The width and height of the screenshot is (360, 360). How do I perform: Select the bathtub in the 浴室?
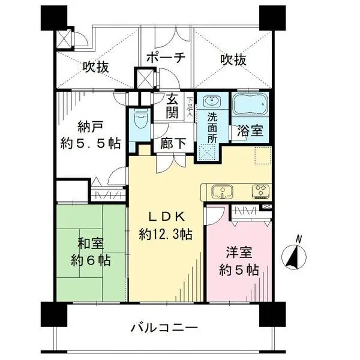point(251,106)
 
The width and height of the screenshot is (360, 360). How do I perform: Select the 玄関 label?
point(173,106)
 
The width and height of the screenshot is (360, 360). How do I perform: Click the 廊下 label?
point(172,144)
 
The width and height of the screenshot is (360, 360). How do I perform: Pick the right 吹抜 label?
point(233,60)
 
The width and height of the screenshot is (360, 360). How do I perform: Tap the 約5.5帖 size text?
point(91,144)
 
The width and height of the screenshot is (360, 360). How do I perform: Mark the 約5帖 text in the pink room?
point(238,271)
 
